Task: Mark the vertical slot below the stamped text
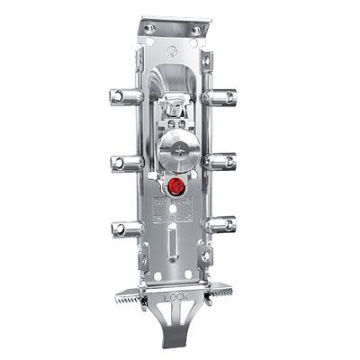tap(172, 246)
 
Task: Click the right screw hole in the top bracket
tap(195, 30)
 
